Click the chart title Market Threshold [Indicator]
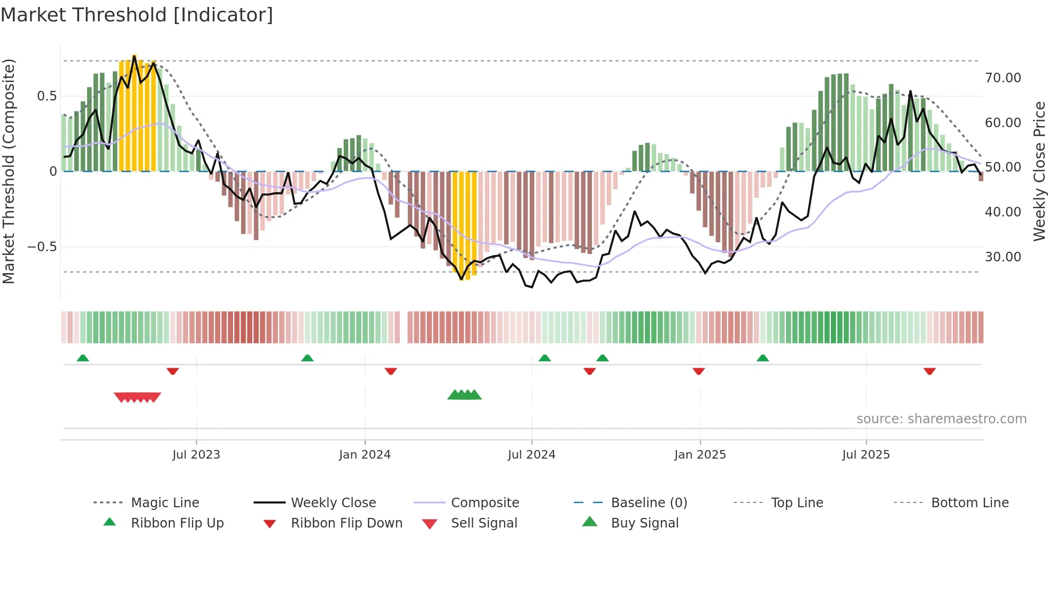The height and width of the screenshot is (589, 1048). click(x=137, y=15)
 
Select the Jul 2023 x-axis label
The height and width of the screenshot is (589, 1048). click(x=196, y=455)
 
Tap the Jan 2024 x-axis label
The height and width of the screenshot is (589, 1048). click(x=365, y=455)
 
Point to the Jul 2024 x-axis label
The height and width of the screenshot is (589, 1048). click(x=531, y=455)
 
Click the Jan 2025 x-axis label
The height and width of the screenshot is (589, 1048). click(x=700, y=455)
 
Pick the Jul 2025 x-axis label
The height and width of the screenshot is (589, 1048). click(x=866, y=455)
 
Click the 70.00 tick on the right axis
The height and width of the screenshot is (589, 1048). click(x=1003, y=78)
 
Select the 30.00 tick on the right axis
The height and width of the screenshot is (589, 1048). click(x=1003, y=257)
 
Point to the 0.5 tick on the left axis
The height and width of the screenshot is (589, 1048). click(x=47, y=96)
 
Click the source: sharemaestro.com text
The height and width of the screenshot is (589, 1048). click(x=941, y=419)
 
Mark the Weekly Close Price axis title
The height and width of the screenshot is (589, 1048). click(x=1039, y=171)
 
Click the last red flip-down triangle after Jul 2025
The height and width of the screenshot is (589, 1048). click(x=929, y=371)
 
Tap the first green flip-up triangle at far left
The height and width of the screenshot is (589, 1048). click(x=83, y=358)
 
